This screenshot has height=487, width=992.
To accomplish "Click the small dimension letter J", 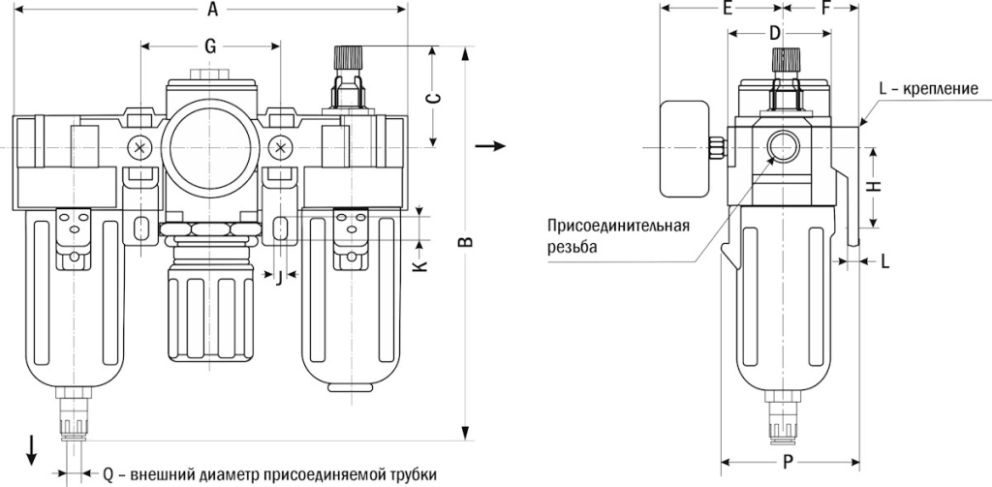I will (281, 279).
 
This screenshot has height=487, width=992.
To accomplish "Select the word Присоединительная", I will (618, 228).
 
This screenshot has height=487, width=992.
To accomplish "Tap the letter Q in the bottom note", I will (108, 474).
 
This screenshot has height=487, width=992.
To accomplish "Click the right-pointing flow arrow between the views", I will (493, 146).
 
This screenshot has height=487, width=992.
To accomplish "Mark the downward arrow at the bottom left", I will (32, 448).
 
